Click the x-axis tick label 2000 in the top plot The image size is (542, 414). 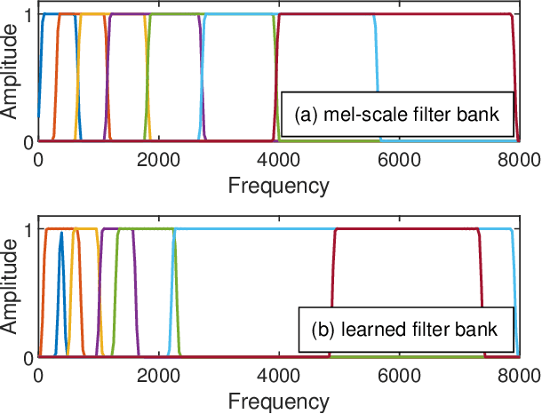(158, 160)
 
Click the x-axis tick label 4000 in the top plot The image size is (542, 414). (279, 160)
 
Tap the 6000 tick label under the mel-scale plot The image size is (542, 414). (400, 160)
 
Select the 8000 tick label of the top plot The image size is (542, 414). (520, 160)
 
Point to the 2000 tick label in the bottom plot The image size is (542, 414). (158, 376)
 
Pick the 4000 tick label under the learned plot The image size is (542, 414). (279, 376)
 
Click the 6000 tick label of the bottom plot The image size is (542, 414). (400, 376)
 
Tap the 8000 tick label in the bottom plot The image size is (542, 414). (520, 376)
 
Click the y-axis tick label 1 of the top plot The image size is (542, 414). (28, 15)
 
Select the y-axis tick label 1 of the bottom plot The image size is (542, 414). (28, 230)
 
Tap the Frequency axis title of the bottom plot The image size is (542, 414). (278, 401)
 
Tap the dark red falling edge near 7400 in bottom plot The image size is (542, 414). (482, 293)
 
